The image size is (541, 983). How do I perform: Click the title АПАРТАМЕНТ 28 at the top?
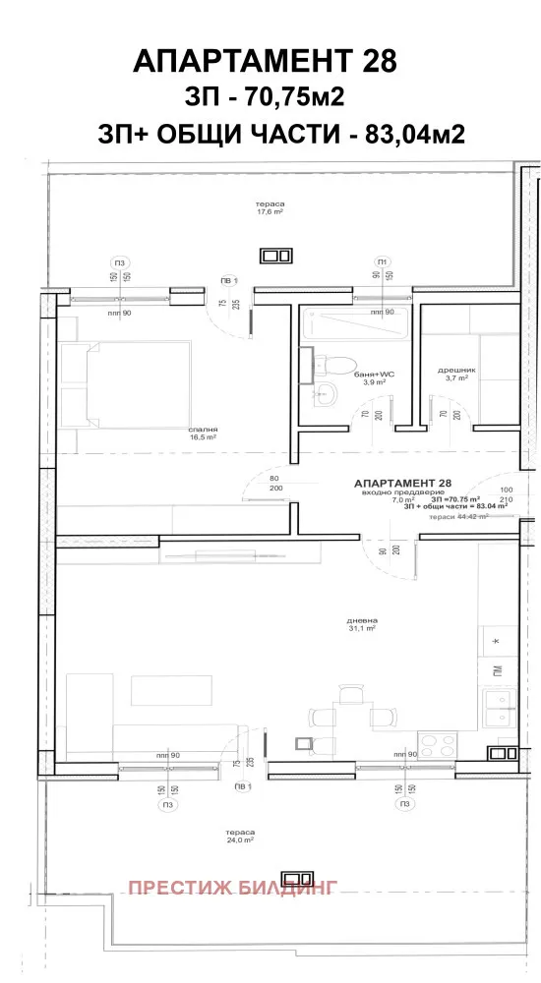click(x=265, y=61)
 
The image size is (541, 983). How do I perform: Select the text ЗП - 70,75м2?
click(x=265, y=98)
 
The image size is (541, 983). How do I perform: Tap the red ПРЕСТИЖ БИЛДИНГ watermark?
click(x=233, y=888)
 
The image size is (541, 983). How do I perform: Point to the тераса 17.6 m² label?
click(x=270, y=206)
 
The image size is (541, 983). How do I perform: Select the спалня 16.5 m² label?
click(x=204, y=434)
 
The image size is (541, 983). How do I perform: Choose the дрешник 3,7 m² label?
click(x=457, y=374)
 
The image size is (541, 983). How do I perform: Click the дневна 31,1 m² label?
click(x=363, y=625)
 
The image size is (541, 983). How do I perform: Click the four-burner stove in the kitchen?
click(x=435, y=743)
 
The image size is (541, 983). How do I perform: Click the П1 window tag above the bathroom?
click(x=381, y=260)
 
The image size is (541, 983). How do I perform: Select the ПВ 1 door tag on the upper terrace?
click(x=228, y=281)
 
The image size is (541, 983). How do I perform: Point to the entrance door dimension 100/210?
click(x=508, y=493)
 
